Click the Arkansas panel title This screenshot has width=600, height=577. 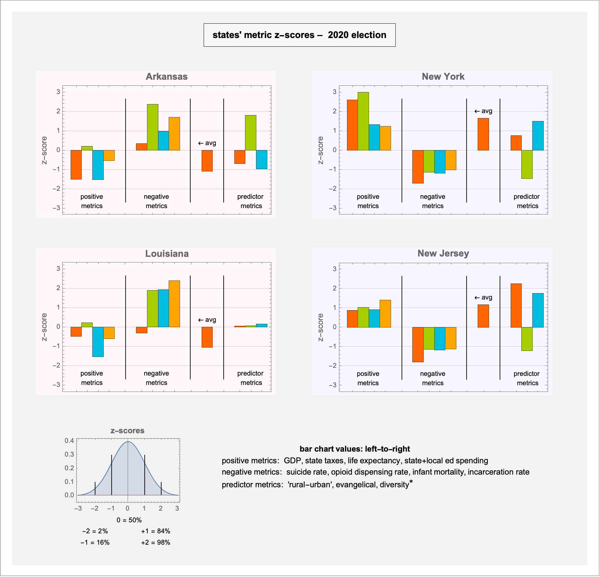coord(167,77)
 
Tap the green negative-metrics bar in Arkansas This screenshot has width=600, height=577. coord(153,127)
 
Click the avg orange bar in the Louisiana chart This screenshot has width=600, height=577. coord(207,337)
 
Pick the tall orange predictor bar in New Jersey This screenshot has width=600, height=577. coord(516,306)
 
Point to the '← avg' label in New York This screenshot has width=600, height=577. coord(483,111)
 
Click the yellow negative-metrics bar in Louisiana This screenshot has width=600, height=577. coord(174,304)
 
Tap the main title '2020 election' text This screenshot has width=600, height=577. coord(357,35)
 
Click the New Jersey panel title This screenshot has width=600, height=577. coord(443,253)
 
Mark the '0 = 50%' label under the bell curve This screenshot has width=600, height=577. coord(129,520)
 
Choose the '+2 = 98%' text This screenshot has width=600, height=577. coord(156,542)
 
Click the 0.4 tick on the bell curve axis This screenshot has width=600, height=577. coord(69,441)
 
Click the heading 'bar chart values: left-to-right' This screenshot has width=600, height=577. coord(355,449)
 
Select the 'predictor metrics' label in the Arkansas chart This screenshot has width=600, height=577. coord(250,201)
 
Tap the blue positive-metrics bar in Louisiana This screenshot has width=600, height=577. coord(98,342)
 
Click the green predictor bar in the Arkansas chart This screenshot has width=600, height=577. coord(251,133)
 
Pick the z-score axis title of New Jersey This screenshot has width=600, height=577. coord(321,327)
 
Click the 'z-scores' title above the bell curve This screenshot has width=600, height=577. coord(127,431)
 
